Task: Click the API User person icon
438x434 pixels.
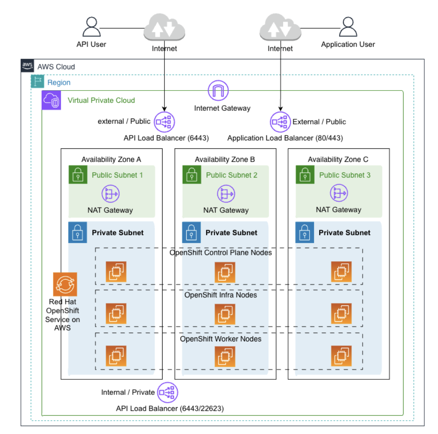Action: (92, 27)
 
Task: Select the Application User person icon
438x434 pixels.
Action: (348, 27)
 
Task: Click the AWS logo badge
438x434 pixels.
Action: (27, 65)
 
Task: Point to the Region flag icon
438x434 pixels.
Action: (37, 82)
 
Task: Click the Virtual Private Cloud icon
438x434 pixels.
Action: (51, 100)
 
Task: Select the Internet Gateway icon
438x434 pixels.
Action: (218, 91)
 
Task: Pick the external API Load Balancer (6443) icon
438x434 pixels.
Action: (164, 122)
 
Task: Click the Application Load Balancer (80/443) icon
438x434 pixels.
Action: (280, 122)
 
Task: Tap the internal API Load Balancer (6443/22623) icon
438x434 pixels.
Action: (168, 392)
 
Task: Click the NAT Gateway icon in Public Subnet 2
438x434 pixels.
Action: (226, 194)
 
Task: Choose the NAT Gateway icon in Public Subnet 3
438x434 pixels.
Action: (339, 193)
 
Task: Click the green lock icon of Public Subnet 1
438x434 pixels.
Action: (78, 175)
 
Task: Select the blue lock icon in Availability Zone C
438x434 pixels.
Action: (305, 232)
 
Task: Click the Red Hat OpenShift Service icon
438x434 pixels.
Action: (65, 284)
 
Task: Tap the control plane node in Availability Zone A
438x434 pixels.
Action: (116, 272)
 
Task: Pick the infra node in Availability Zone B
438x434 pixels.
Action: (225, 314)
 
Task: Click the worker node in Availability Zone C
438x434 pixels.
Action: (341, 356)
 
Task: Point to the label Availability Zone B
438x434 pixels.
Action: (225, 160)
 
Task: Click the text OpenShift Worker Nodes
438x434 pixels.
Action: (220, 339)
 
